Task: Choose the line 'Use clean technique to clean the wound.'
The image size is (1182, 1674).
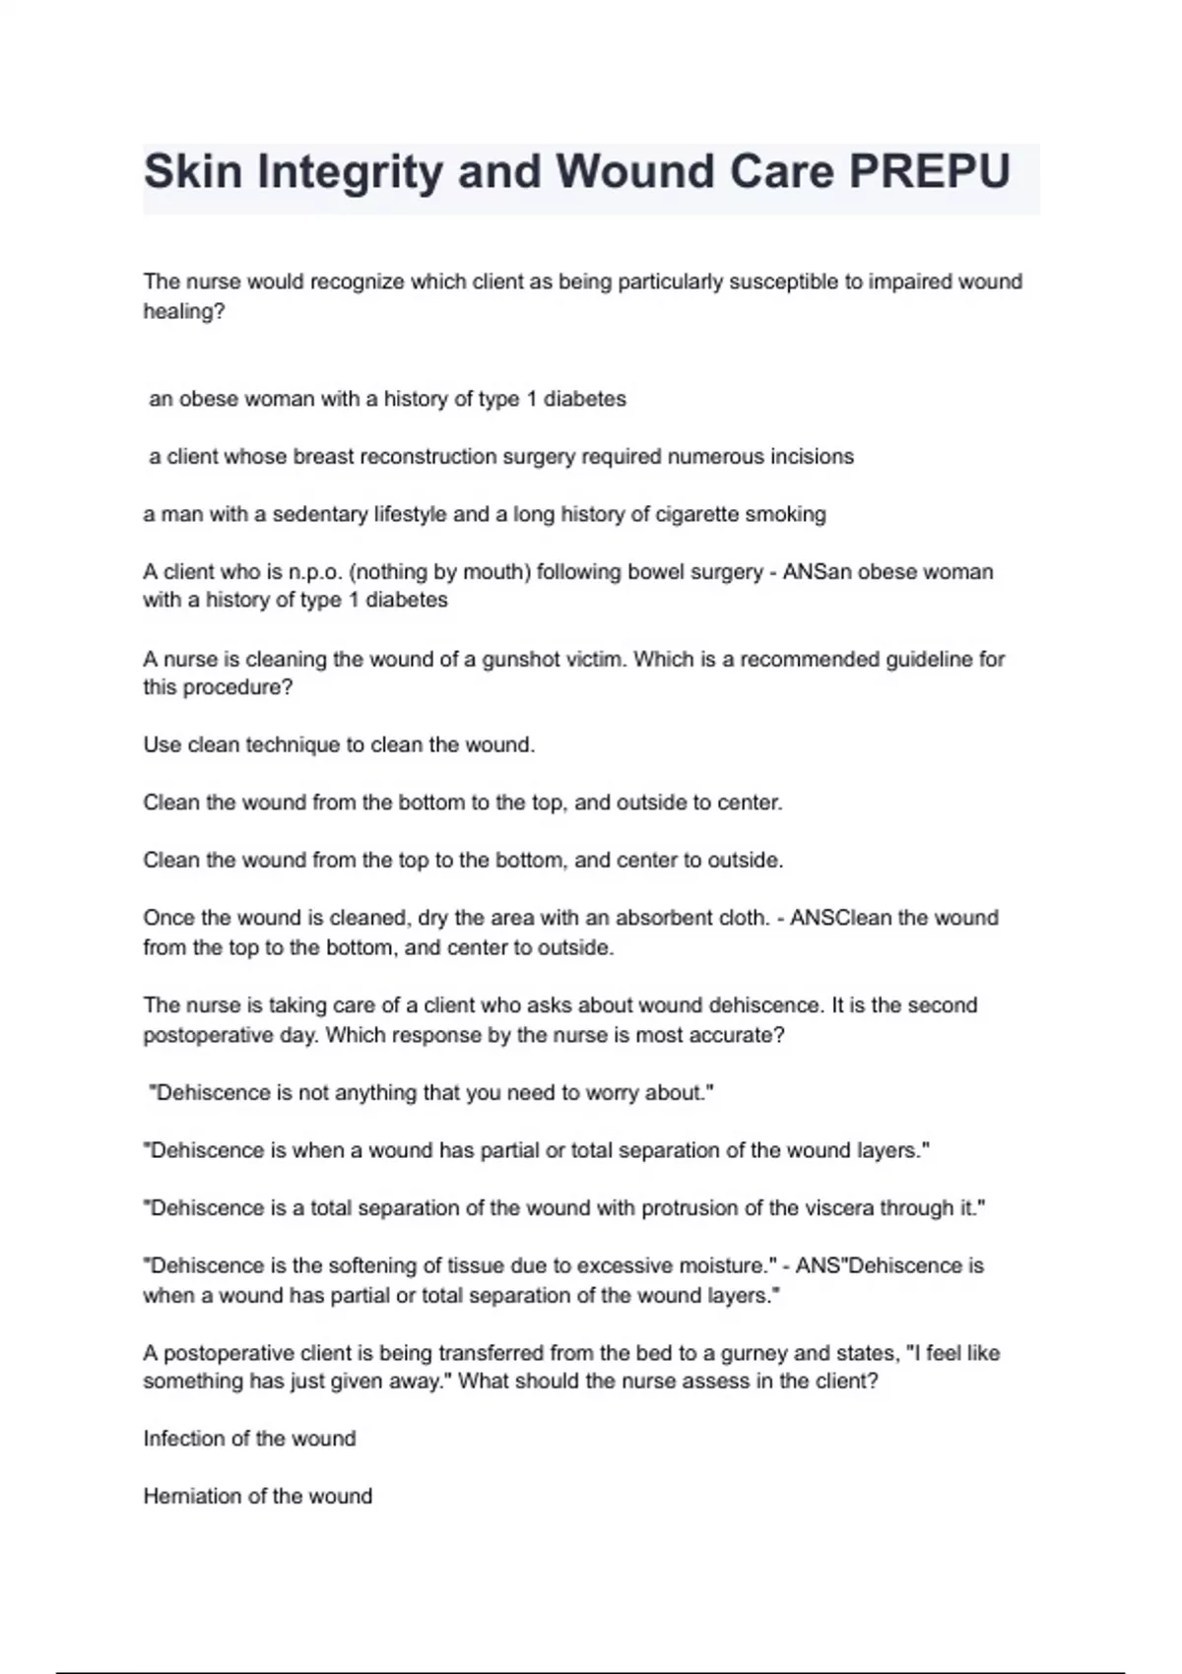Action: click(x=339, y=745)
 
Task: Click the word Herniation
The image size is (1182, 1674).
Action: click(x=192, y=1497)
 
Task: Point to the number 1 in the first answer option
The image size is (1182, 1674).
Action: click(x=533, y=399)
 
